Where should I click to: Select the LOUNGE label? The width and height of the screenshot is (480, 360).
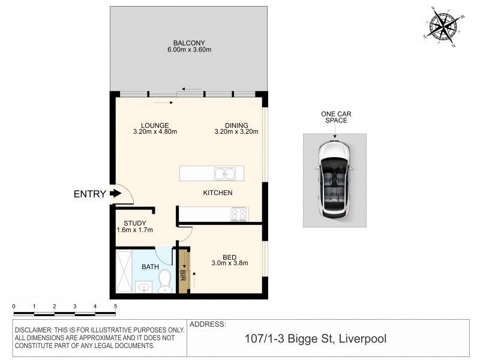point(154,125)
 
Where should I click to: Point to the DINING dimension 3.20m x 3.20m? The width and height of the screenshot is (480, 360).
point(236,133)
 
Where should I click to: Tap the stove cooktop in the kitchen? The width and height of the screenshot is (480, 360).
point(239,212)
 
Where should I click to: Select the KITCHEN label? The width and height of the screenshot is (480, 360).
point(217,193)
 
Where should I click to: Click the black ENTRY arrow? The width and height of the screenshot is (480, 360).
point(115,194)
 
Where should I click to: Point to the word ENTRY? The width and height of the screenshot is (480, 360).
point(89,194)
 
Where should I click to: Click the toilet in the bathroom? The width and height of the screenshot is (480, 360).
point(165,280)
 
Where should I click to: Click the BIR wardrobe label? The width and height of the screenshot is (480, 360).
point(184,275)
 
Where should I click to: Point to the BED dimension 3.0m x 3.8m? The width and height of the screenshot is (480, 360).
point(230,263)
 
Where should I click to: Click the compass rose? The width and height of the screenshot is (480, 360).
point(442,28)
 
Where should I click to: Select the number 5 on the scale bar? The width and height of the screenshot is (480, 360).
point(115,306)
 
